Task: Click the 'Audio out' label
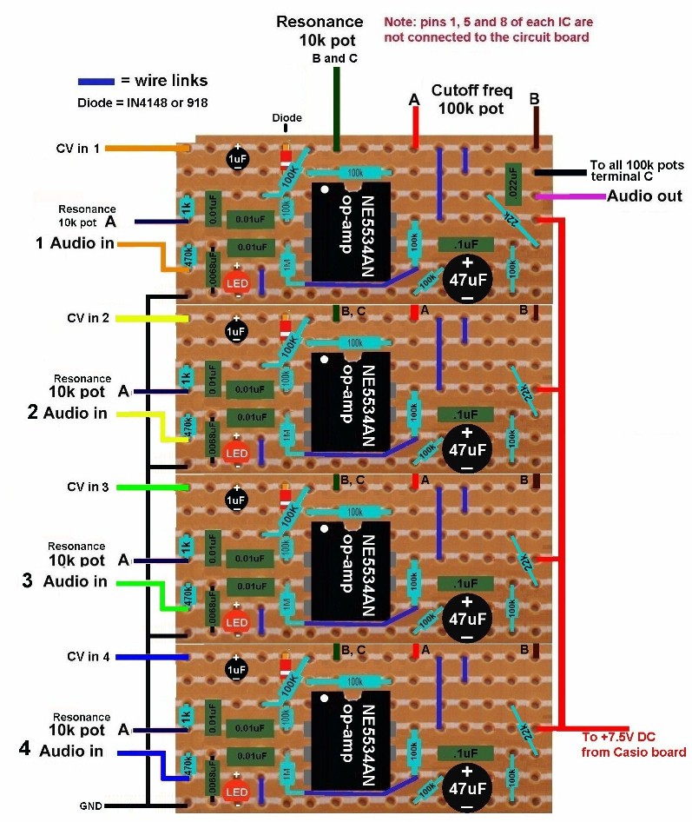tap(644, 196)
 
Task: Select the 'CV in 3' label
tap(88, 487)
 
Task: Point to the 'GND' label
tap(91, 806)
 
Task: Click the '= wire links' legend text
tap(164, 81)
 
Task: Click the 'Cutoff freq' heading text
tap(472, 89)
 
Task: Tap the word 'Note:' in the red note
tap(399, 21)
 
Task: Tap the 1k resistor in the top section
tap(186, 208)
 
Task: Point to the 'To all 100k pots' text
tap(637, 164)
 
